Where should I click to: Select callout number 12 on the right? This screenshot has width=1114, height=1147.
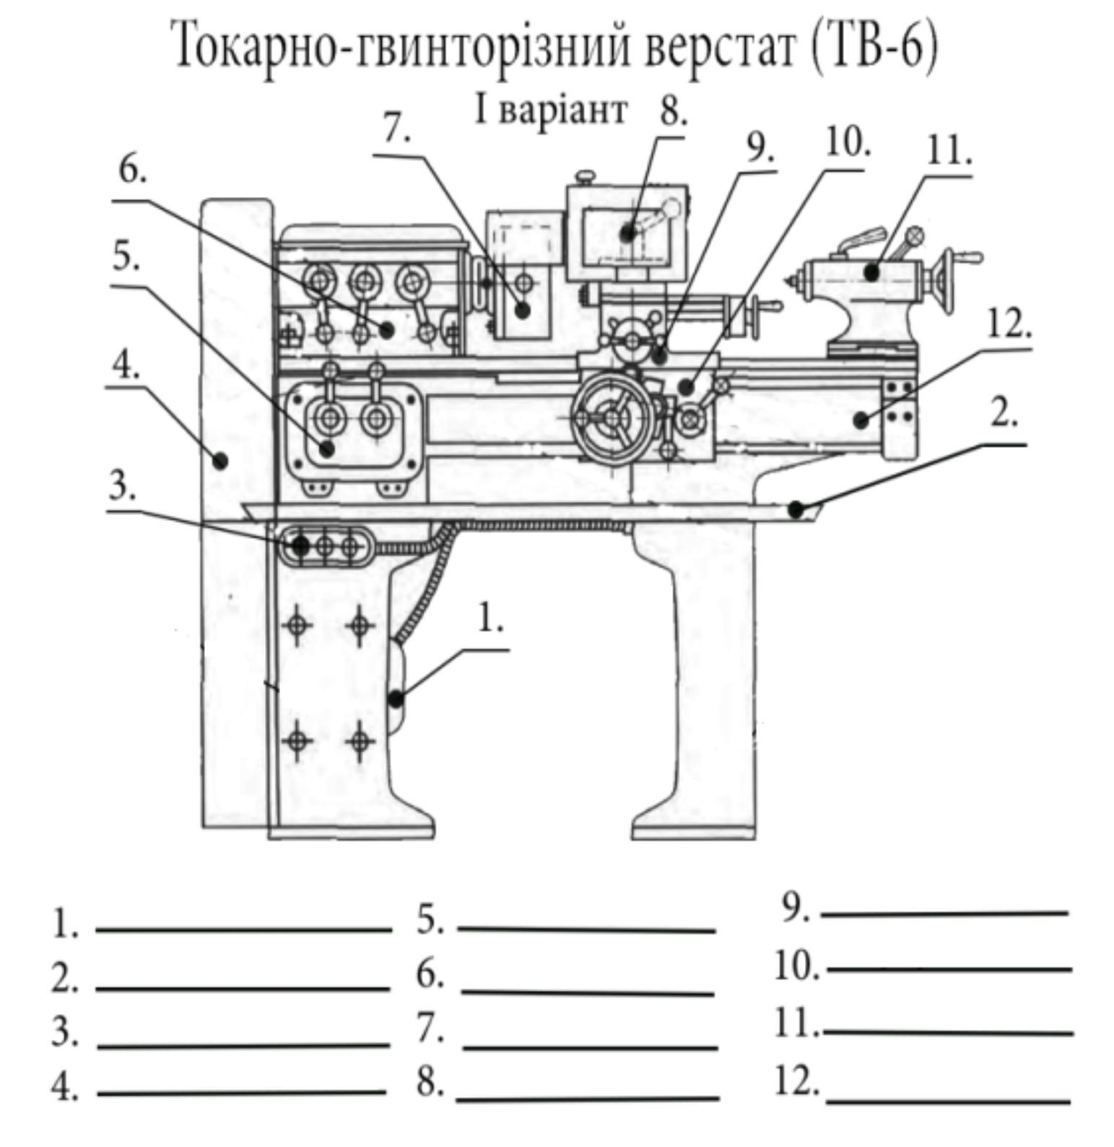pos(1008,325)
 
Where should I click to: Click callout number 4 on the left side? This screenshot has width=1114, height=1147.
pos(125,367)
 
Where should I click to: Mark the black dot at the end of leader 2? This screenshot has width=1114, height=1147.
pos(795,509)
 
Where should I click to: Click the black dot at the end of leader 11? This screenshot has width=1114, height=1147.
pos(872,273)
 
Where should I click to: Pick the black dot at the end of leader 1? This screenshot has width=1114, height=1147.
pos(396,699)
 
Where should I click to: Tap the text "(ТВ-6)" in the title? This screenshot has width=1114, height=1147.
pos(874,46)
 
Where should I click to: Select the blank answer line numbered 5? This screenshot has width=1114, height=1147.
pos(586,929)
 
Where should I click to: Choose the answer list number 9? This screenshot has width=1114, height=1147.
pos(795,908)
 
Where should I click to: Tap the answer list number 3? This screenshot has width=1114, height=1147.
pos(64,1031)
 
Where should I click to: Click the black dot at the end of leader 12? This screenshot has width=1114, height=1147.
pos(859,419)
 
